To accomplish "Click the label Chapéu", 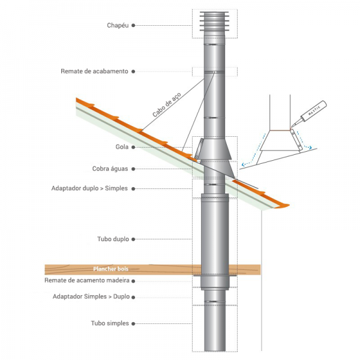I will coord(118,25).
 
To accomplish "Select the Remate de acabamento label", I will coord(94,71).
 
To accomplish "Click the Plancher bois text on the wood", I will coord(111,269).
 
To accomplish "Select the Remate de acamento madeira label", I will coord(86,280).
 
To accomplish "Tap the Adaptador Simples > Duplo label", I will coord(91,296).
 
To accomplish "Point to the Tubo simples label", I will coord(110,323).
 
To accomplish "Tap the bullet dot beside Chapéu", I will coord(133,25).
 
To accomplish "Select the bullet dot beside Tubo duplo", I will coord(133,239).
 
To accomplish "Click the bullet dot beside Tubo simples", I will coord(133,323).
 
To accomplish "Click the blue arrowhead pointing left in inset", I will coord(242,164).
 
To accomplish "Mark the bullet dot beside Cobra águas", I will coord(133,169).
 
